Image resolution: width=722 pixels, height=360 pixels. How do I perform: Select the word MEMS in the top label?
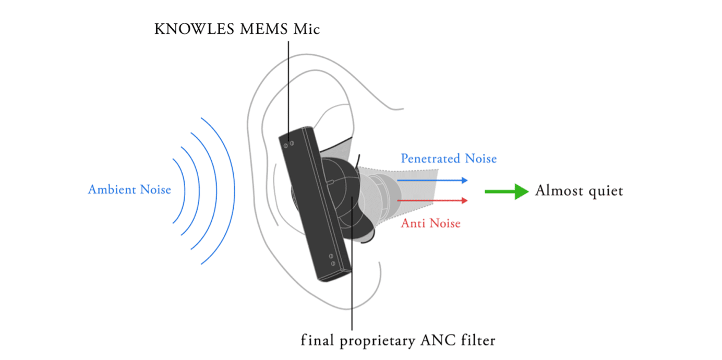(x=263, y=29)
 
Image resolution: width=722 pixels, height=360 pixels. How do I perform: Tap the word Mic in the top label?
(x=307, y=29)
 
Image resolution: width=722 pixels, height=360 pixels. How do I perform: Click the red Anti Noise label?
(x=430, y=223)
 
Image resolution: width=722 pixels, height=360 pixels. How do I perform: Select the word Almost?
(x=559, y=190)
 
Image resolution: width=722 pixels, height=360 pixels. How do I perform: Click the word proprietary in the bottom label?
(x=378, y=341)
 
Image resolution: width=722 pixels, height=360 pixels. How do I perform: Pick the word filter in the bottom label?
(x=478, y=340)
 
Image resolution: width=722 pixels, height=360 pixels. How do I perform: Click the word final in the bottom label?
(x=317, y=340)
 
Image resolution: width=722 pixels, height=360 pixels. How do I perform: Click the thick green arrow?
(x=507, y=192)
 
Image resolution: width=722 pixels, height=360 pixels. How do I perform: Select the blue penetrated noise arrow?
(x=432, y=181)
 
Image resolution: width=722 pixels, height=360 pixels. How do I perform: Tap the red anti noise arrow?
(x=432, y=200)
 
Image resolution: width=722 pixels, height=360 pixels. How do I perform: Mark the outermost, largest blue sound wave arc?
(x=235, y=191)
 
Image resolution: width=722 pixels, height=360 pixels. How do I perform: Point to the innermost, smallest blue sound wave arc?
(x=185, y=191)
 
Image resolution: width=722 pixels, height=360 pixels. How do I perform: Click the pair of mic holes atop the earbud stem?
(x=289, y=145)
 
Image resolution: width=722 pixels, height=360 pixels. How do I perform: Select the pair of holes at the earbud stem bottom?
(x=332, y=260)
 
